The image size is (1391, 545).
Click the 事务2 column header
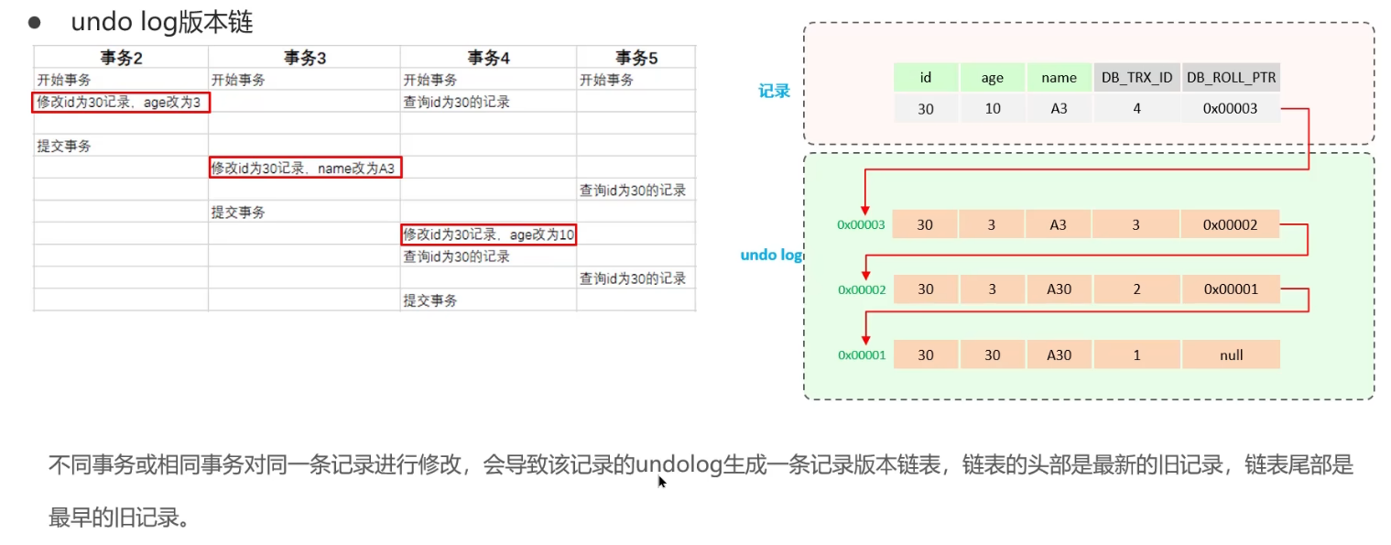(121, 58)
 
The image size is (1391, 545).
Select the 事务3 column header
(304, 58)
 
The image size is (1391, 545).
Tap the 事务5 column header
(636, 58)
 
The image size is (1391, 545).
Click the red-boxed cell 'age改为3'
(122, 103)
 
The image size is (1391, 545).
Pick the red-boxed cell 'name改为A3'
(305, 168)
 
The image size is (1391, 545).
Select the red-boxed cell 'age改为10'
(488, 234)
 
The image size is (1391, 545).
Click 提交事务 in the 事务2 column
(64, 146)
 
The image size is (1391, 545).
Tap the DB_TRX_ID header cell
(1136, 78)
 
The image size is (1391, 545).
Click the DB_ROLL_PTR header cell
(1231, 78)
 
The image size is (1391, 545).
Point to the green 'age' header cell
(992, 78)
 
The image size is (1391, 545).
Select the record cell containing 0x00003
(1231, 109)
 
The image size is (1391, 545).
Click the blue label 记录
(774, 91)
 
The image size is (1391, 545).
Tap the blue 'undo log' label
(771, 255)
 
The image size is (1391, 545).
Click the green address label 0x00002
(861, 289)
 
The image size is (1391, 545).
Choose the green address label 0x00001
(861, 354)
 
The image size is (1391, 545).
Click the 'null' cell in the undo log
(1231, 354)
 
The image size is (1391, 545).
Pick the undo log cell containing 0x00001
(1231, 289)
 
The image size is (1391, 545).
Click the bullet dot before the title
(35, 20)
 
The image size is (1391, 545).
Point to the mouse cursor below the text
(662, 482)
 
